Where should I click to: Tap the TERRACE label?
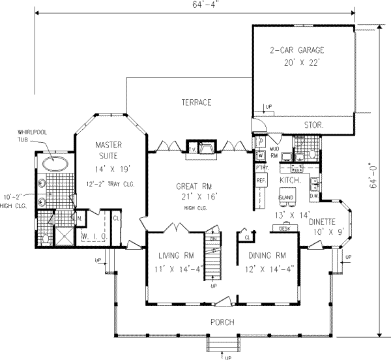[196, 103]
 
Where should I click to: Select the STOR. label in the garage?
[314, 124]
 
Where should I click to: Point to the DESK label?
[284, 229]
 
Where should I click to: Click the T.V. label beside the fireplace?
[193, 149]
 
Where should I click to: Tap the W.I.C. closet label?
[89, 235]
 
